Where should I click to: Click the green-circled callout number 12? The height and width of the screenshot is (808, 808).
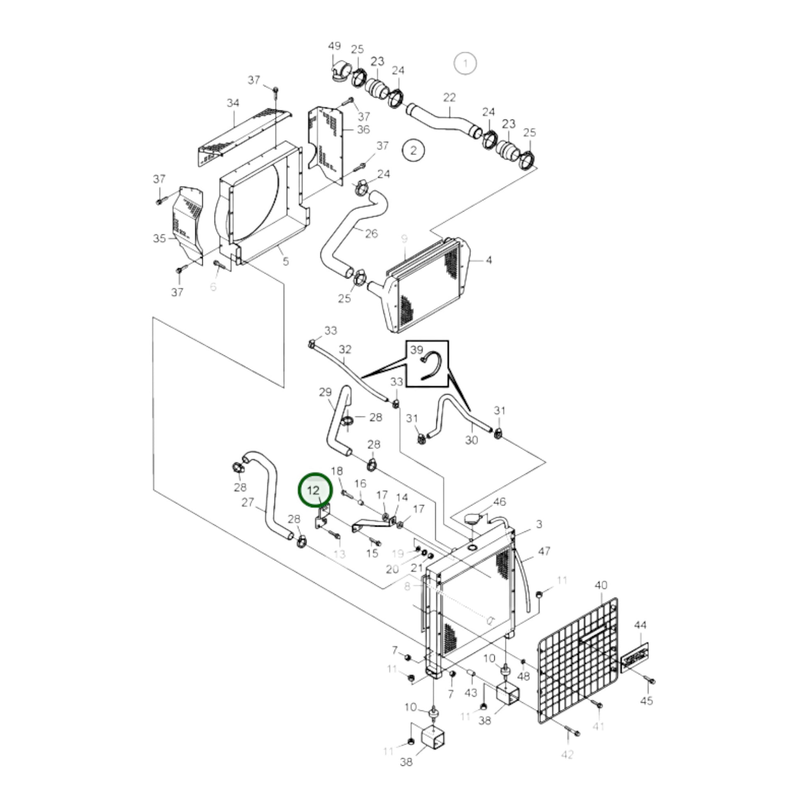314,491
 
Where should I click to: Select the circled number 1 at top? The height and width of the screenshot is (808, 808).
465,64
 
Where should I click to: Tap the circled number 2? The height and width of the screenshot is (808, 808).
414,150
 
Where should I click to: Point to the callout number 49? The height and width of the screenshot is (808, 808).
334,46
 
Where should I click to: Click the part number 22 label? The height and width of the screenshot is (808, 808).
449,98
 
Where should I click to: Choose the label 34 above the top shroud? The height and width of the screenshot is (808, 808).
233,103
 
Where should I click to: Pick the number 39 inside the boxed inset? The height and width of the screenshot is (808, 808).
416,350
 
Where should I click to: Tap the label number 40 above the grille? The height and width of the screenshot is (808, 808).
600,585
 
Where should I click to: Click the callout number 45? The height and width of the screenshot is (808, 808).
646,700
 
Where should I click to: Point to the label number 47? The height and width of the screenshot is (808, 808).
544,552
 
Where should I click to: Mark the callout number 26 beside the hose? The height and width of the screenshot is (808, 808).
371,234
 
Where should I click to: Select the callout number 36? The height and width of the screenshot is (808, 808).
363,130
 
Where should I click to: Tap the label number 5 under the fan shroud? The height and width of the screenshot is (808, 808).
286,262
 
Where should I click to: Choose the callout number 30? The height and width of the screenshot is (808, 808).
471,440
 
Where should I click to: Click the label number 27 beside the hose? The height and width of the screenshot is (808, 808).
248,502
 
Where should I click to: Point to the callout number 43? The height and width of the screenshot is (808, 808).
471,693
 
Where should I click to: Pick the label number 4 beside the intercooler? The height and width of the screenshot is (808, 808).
489,260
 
